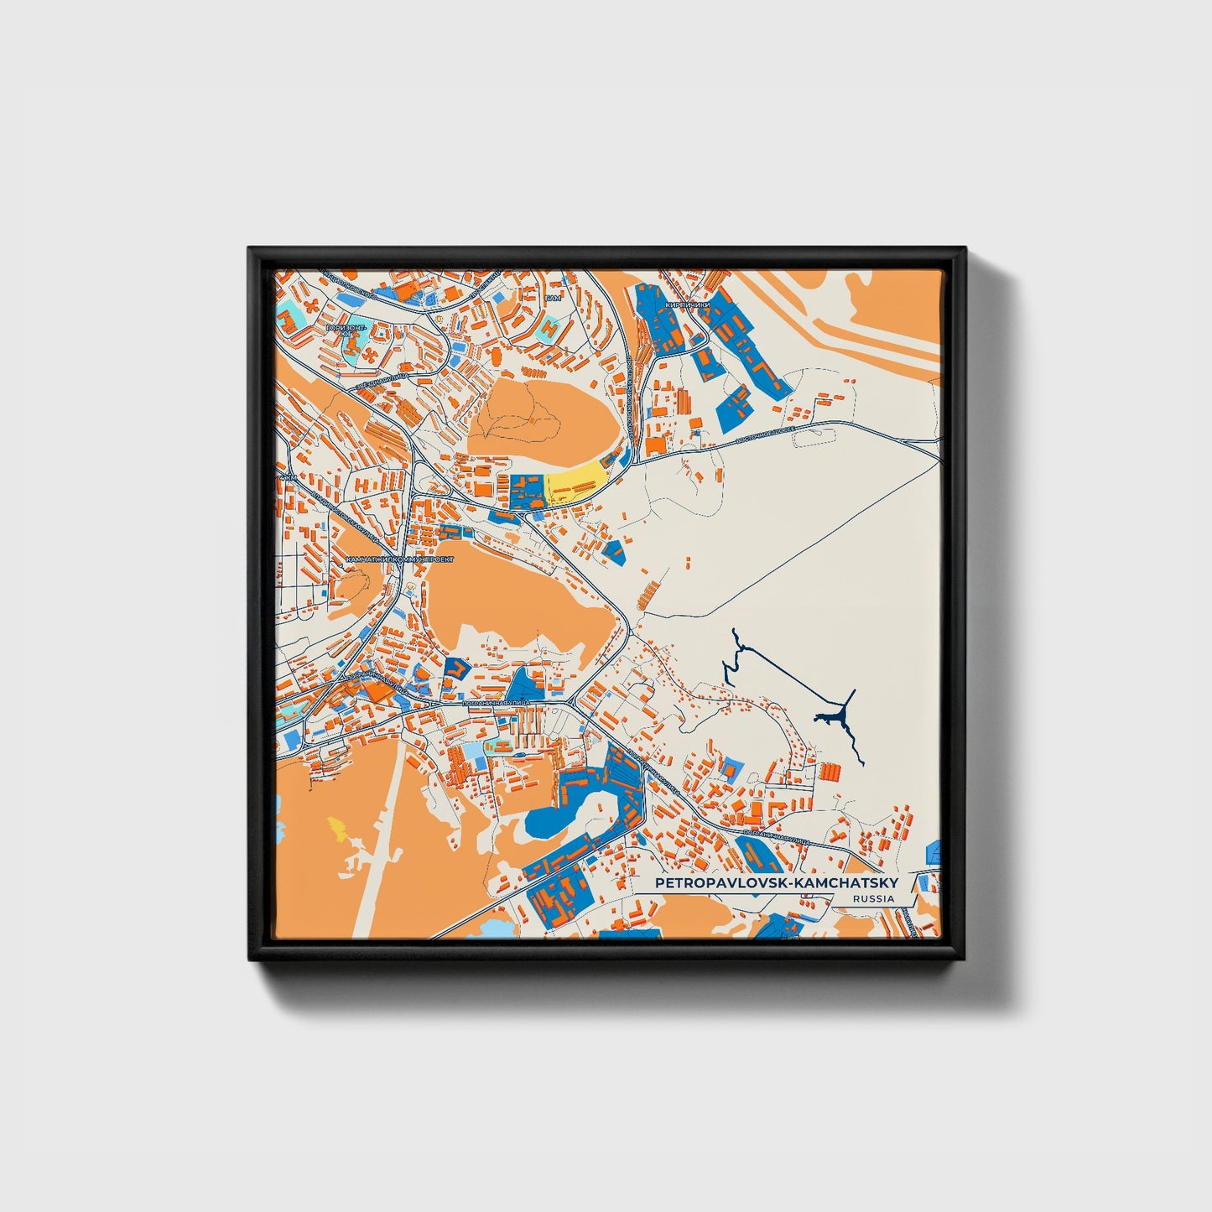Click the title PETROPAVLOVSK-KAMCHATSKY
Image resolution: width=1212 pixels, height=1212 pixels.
[x=776, y=883]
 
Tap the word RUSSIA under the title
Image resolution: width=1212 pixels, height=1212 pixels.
[x=872, y=898]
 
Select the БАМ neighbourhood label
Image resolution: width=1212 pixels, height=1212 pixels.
[x=551, y=298]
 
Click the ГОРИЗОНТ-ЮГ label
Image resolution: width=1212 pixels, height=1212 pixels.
[x=346, y=329]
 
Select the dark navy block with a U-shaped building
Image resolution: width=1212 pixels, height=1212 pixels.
[x=455, y=669]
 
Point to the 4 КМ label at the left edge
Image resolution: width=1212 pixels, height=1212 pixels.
[x=288, y=478]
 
